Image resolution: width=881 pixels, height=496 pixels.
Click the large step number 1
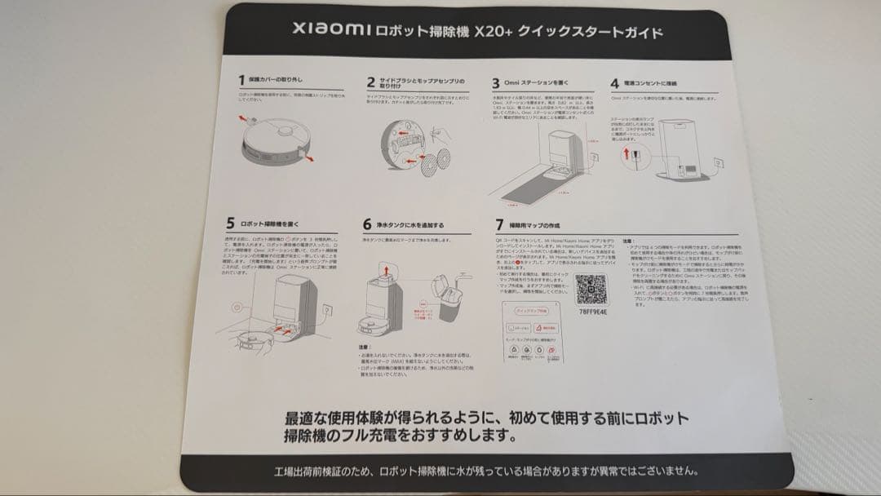241,80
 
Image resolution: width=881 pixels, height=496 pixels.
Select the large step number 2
370,82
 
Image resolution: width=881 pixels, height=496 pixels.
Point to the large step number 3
495,83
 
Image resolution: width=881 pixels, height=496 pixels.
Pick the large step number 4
614,83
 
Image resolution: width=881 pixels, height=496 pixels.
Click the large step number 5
230,223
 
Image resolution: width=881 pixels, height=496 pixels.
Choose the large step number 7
499,224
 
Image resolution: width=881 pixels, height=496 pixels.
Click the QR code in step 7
591,290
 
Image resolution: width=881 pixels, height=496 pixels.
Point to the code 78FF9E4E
591,311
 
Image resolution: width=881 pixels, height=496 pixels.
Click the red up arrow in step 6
384,270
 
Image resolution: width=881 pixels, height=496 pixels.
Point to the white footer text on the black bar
485,472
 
